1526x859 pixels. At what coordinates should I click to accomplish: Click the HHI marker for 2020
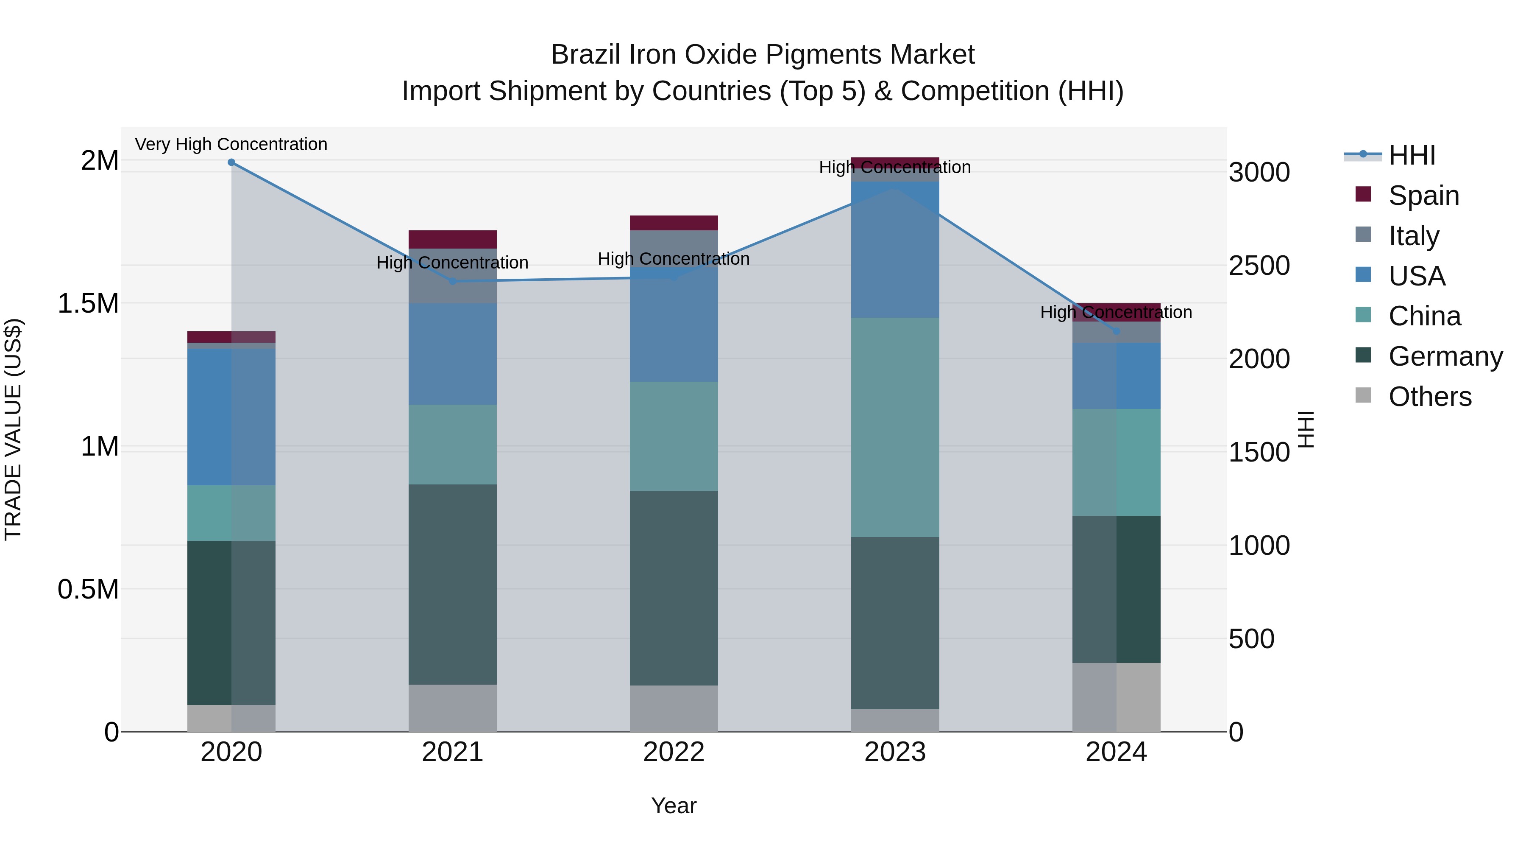pyautogui.click(x=231, y=162)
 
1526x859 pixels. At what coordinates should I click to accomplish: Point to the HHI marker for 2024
pyautogui.click(x=1116, y=331)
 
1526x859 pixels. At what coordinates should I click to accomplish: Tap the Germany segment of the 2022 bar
pyautogui.click(x=674, y=588)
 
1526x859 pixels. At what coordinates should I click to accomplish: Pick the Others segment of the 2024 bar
pyautogui.click(x=1116, y=697)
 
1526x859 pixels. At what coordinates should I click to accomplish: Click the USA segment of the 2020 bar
pyautogui.click(x=231, y=417)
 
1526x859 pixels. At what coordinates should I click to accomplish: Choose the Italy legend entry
pyautogui.click(x=1413, y=236)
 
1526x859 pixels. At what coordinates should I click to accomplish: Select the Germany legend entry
pyautogui.click(x=1445, y=357)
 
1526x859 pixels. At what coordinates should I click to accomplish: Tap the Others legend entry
pyautogui.click(x=1429, y=397)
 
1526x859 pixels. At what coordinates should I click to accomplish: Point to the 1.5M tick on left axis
pyautogui.click(x=88, y=304)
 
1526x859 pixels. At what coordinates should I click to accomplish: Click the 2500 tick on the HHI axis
pyautogui.click(x=1259, y=266)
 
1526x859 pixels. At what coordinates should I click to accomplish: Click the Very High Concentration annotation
pyautogui.click(x=231, y=144)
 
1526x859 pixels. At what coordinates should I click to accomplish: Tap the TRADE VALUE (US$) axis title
pyautogui.click(x=13, y=429)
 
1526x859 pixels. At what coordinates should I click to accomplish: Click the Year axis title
pyautogui.click(x=674, y=806)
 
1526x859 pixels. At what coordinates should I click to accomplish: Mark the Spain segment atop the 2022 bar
pyautogui.click(x=674, y=223)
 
